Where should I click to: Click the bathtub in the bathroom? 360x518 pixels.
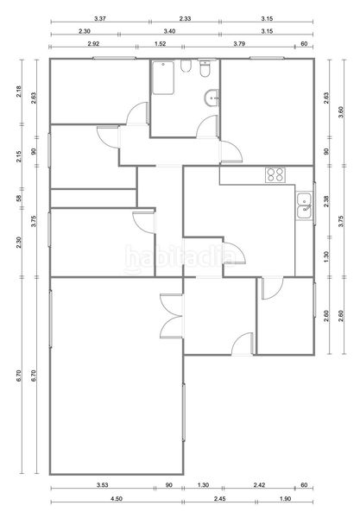163,78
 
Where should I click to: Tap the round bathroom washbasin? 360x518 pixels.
212,98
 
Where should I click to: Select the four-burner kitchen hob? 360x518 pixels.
275,174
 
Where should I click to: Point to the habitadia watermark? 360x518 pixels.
180,259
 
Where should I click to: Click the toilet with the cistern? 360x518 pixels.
205,68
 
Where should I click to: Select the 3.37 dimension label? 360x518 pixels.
100,19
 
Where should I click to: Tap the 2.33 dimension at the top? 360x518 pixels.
185,19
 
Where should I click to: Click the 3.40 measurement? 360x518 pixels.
169,31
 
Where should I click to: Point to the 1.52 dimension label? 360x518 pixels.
161,44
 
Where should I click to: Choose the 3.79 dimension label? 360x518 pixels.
239,44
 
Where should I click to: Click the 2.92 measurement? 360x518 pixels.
94,44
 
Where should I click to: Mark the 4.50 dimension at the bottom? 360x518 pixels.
117,499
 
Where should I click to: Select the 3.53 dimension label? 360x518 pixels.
103,485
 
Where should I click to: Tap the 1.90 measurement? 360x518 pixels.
285,499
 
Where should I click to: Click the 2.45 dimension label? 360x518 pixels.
219,499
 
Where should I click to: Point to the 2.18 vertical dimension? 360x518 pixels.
19,92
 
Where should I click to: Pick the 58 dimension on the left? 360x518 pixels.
19,199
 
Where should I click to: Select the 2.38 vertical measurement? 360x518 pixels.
326,202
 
